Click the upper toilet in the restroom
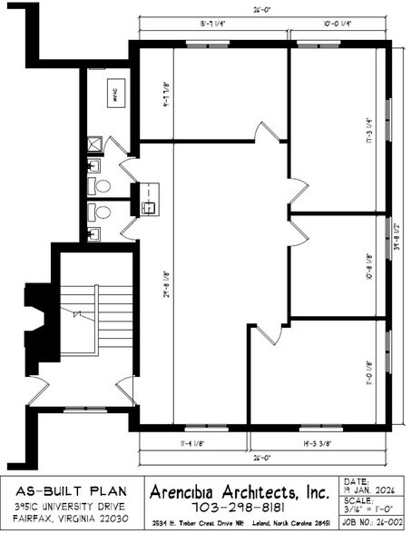click(x=102, y=186)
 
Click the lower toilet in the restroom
click(x=102, y=213)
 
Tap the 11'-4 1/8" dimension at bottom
click(x=192, y=443)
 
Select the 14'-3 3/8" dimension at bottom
click(x=322, y=443)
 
